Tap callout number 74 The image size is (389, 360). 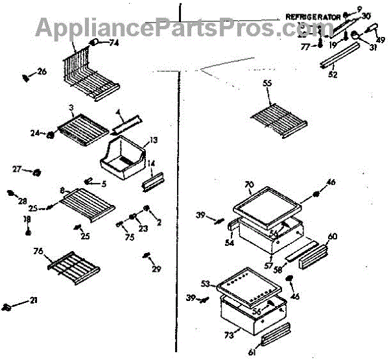114,43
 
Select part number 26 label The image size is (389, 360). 41,72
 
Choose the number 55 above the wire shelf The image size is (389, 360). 268,84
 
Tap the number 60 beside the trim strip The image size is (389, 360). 333,237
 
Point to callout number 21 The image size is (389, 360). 34,300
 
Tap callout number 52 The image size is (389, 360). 333,75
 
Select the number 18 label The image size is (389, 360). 27,220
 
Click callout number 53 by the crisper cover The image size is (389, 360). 206,283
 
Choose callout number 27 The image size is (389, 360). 17,169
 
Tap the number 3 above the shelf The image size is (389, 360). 71,108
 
